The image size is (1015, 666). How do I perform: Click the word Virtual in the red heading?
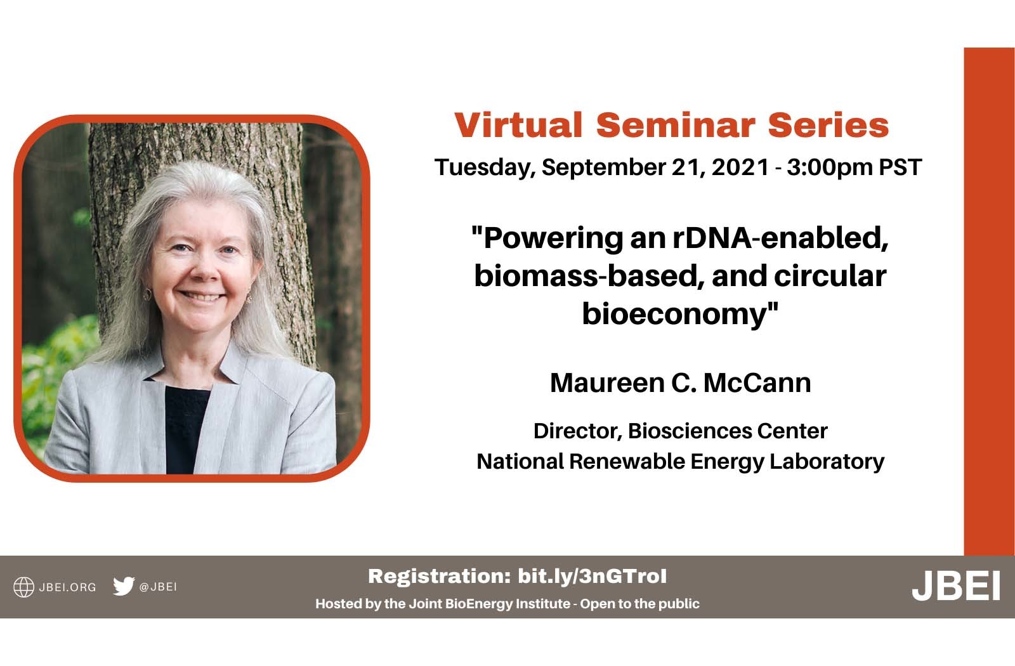pyautogui.click(x=518, y=125)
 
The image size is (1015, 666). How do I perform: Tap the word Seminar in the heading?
pyautogui.click(x=676, y=125)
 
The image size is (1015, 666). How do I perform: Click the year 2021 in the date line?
pyautogui.click(x=740, y=167)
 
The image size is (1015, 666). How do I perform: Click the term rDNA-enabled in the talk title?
pyautogui.click(x=780, y=238)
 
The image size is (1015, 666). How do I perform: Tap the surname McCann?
pyautogui.click(x=757, y=383)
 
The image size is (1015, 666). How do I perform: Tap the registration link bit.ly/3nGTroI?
pyautogui.click(x=593, y=577)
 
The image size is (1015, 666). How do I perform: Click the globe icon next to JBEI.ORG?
pyautogui.click(x=23, y=587)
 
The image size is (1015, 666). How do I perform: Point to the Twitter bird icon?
pyautogui.click(x=124, y=586)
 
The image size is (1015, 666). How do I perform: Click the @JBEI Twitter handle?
pyautogui.click(x=158, y=587)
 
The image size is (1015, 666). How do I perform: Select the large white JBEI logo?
pyautogui.click(x=955, y=585)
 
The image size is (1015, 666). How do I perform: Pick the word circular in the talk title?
pyautogui.click(x=830, y=276)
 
